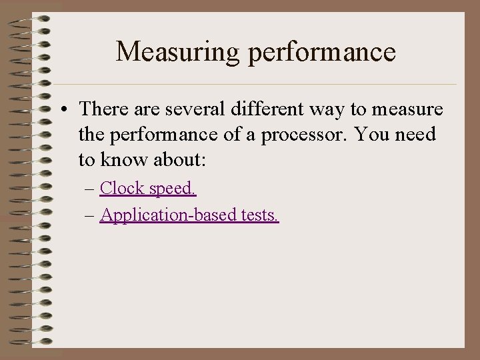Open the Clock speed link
point(148,189)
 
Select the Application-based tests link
point(189,215)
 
